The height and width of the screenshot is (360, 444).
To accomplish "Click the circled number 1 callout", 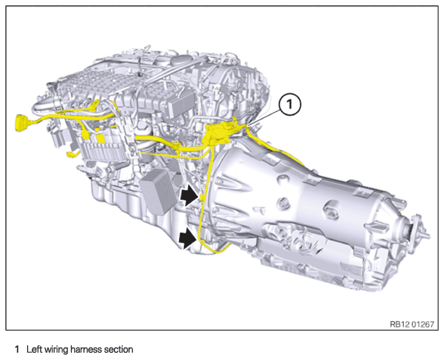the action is point(289,105).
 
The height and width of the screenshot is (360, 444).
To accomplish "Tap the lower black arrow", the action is point(188,238).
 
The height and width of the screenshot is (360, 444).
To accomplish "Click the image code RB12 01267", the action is point(412,324).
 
